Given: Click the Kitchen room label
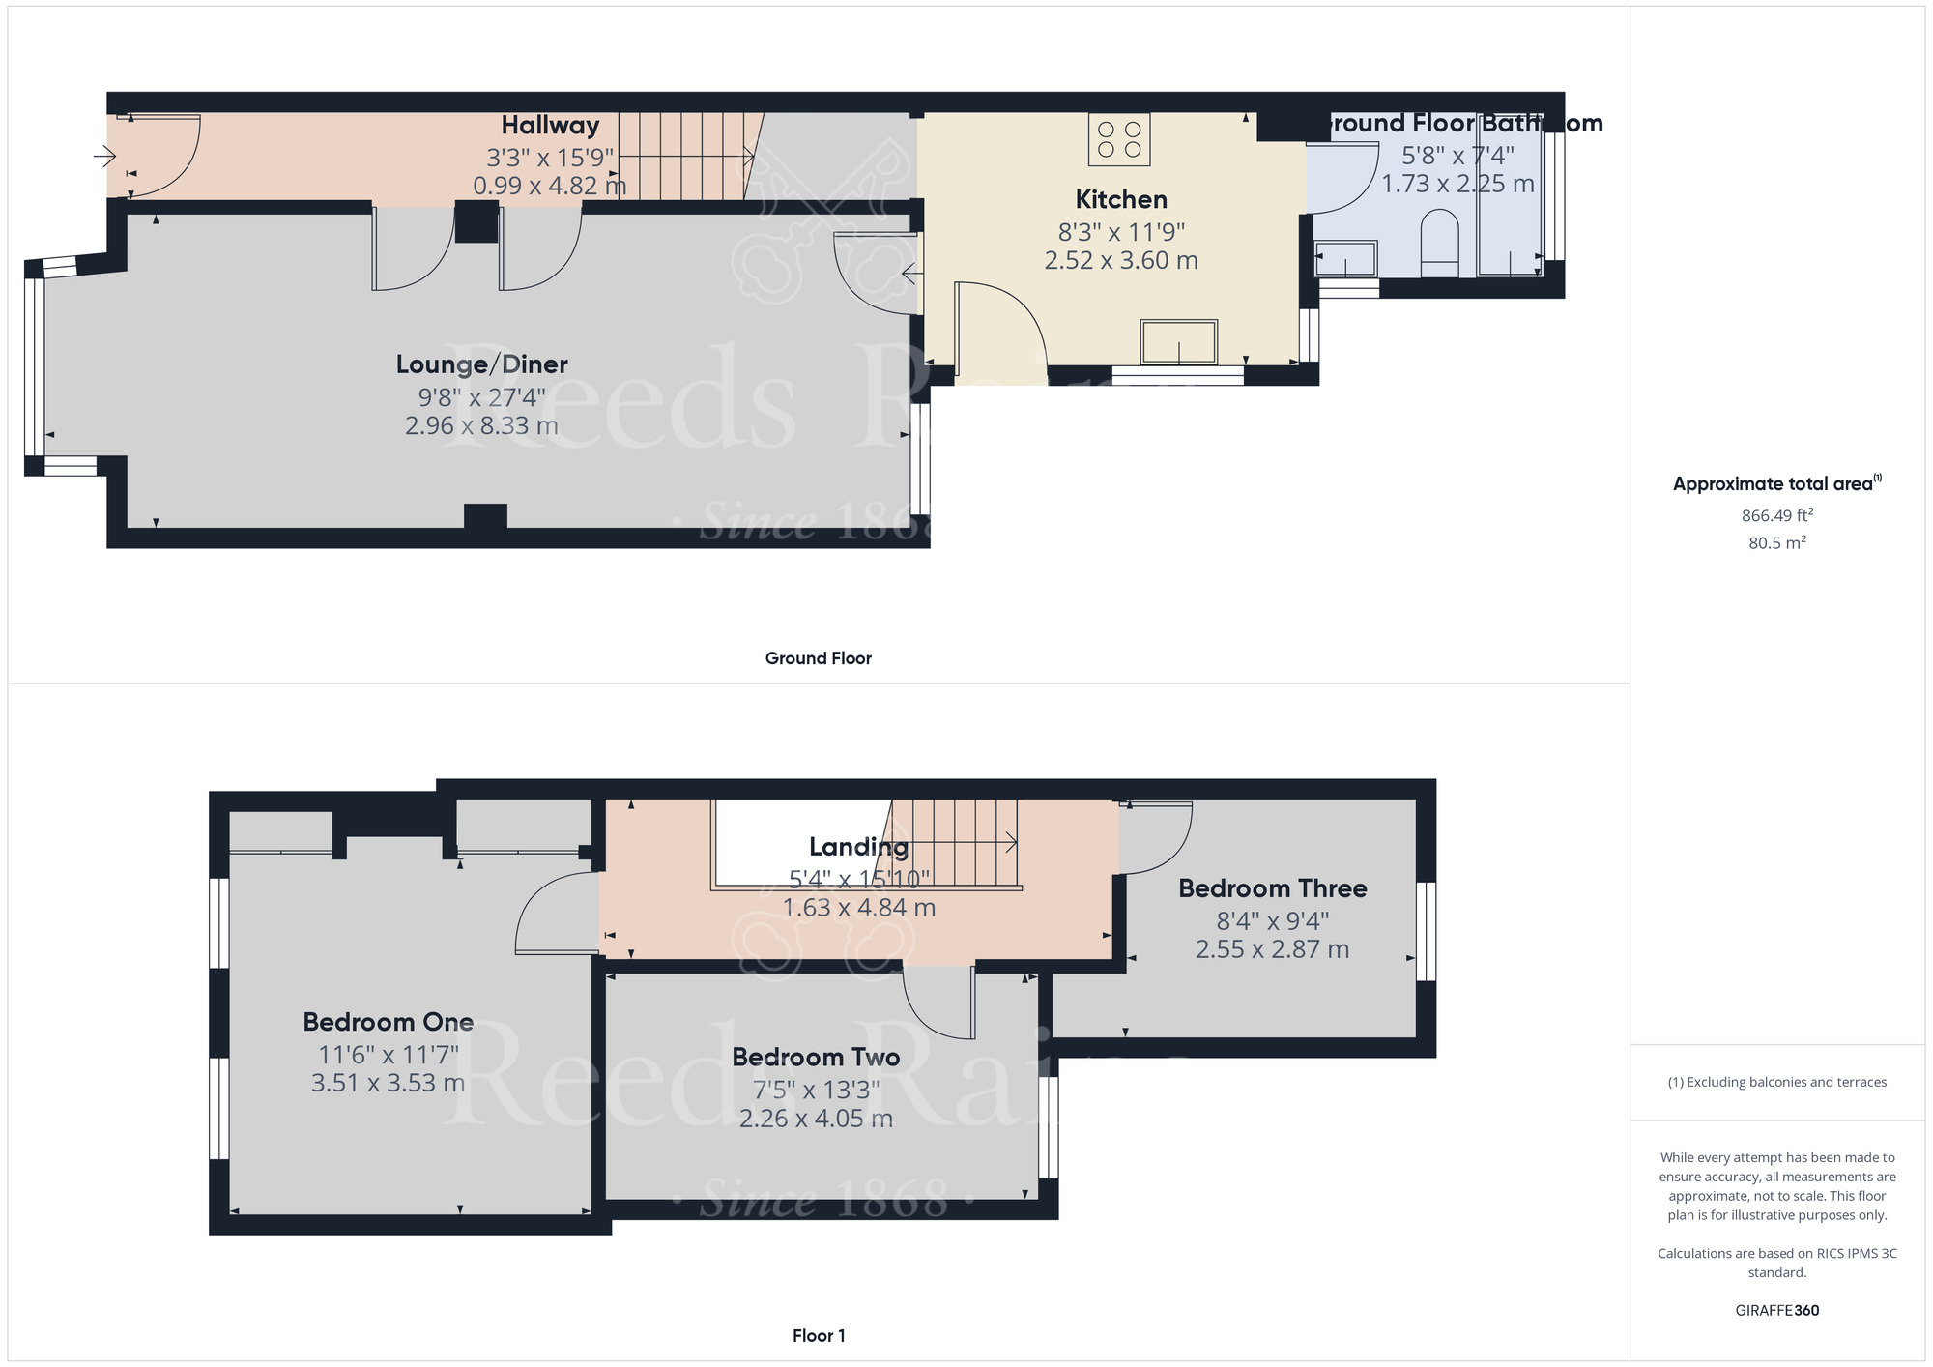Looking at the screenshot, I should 1121,200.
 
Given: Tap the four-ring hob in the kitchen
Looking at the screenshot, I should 1119,139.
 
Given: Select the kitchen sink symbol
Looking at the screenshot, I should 1178,341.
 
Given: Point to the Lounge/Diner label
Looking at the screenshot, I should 481,364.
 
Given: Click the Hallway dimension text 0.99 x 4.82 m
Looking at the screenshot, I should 549,186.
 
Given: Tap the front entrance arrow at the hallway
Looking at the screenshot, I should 104,156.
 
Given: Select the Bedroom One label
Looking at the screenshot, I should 388,1022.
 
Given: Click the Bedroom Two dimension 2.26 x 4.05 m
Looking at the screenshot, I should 816,1119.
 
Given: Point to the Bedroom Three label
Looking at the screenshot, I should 1272,888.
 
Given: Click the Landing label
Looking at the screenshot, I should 858,847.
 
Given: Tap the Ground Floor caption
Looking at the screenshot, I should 818,658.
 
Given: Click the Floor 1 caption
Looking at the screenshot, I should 818,1336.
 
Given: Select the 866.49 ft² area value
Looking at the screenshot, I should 1776,516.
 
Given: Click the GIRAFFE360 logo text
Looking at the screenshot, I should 1776,1311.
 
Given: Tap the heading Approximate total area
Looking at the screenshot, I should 1776,484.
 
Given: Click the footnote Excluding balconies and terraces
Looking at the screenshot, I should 1776,1082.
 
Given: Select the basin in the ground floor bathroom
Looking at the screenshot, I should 1344,259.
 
